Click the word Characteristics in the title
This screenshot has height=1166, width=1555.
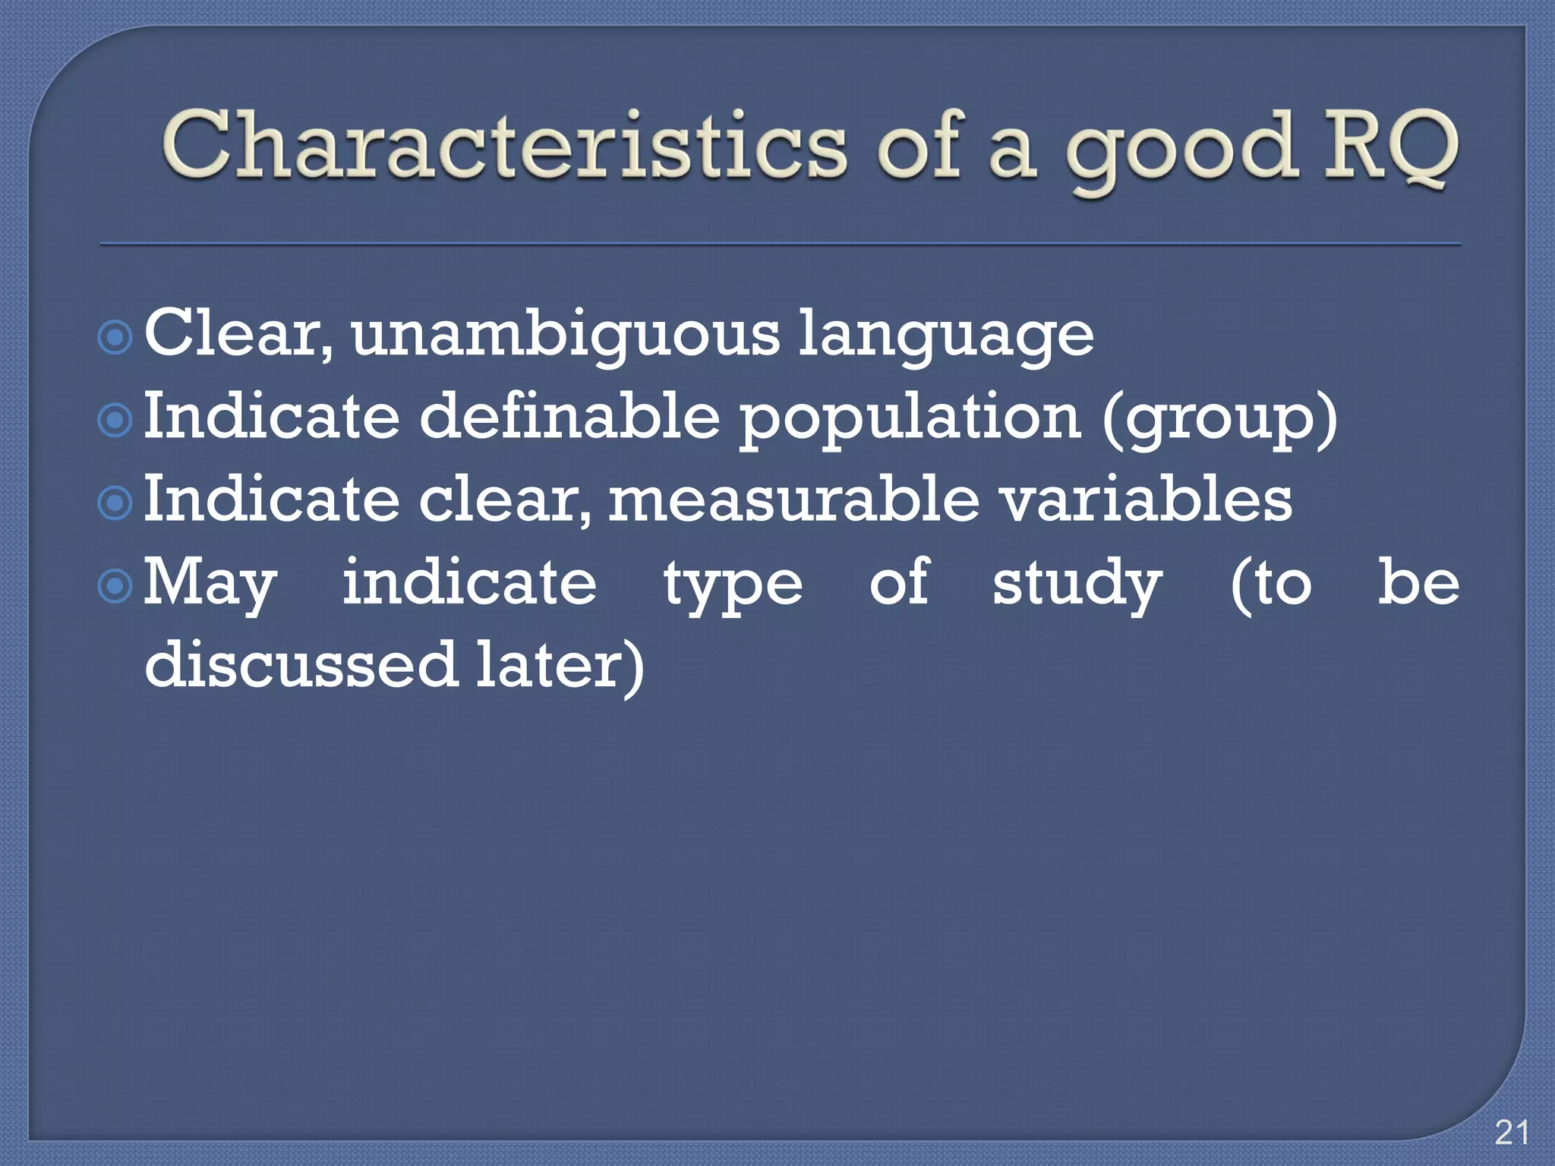503,144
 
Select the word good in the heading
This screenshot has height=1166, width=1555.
1181,148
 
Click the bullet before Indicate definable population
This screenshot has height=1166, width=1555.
115,420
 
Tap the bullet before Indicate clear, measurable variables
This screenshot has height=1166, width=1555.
115,503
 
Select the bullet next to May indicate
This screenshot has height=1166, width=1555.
115,585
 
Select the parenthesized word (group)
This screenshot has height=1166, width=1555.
1219,419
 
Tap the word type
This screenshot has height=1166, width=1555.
733,586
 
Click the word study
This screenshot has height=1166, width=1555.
1077,585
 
